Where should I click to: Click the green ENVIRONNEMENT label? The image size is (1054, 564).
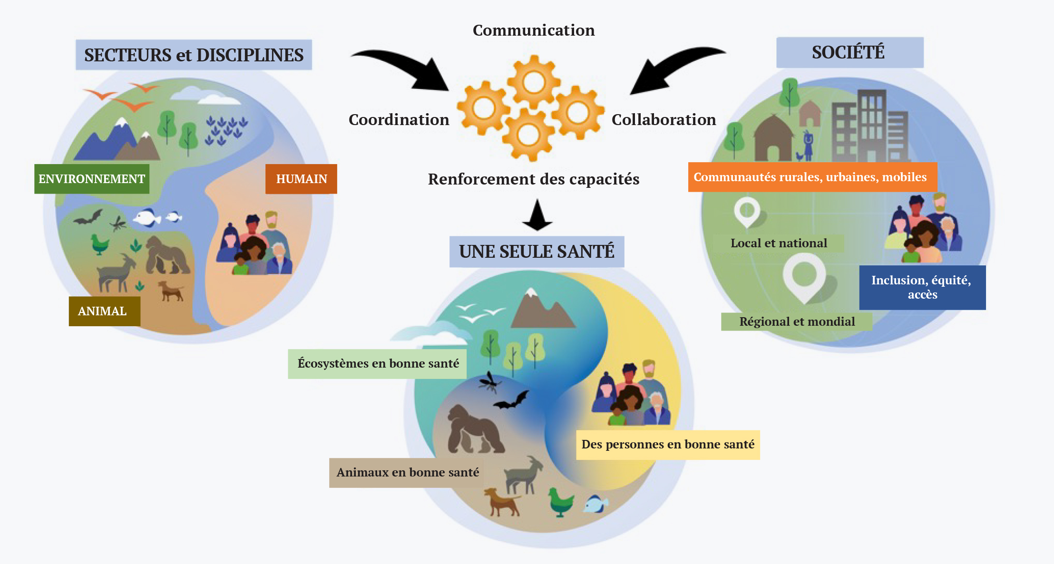click(92, 179)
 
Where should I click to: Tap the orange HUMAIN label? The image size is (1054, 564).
click(301, 179)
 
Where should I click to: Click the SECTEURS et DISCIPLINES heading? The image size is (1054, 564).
click(194, 55)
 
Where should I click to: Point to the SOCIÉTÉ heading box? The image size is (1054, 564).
click(850, 52)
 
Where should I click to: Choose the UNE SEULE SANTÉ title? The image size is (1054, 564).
click(537, 252)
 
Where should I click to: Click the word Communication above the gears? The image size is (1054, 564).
click(534, 30)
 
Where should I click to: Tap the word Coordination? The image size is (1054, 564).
click(399, 119)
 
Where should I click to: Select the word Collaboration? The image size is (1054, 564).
click(664, 119)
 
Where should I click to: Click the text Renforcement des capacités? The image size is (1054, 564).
click(534, 179)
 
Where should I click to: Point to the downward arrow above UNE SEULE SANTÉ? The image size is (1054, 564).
click(537, 215)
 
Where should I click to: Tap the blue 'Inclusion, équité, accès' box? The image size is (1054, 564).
click(922, 287)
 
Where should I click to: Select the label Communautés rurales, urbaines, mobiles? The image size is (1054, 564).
click(812, 177)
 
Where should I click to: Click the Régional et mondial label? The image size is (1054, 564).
click(797, 321)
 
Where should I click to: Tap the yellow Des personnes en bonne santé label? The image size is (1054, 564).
click(668, 445)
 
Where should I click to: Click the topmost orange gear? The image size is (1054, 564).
click(534, 82)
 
